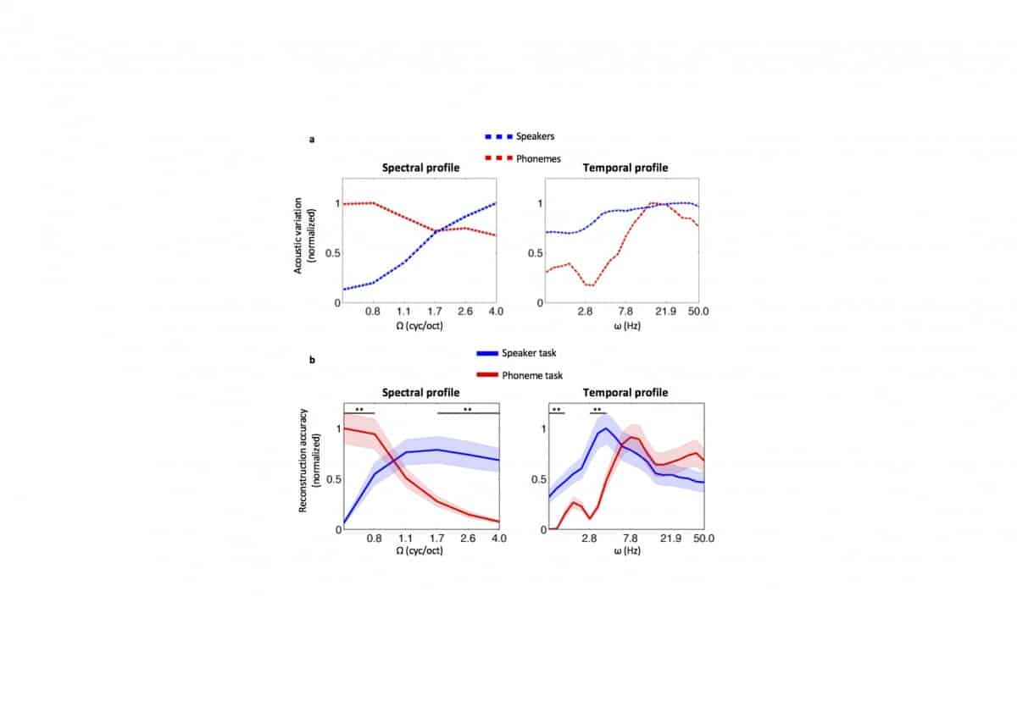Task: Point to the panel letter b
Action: click(x=312, y=361)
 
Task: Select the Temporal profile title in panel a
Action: click(x=625, y=168)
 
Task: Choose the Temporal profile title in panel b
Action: click(x=625, y=393)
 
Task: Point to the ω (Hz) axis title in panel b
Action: click(x=625, y=550)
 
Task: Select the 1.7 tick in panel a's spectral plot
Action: click(x=436, y=312)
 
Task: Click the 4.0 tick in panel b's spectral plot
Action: click(x=498, y=538)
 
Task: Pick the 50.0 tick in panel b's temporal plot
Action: click(x=703, y=538)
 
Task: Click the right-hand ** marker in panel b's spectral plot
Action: click(x=467, y=410)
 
